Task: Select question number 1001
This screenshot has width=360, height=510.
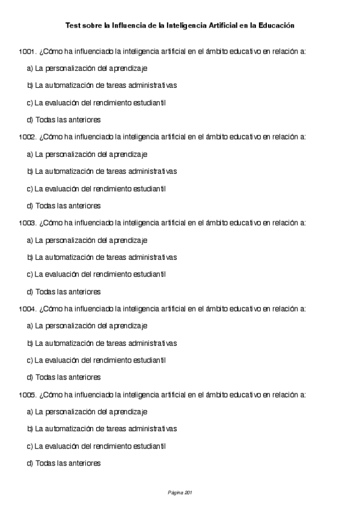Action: (27, 51)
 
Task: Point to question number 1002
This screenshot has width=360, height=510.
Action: (27, 137)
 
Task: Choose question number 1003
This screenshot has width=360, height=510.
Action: (27, 223)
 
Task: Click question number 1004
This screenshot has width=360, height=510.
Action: (27, 309)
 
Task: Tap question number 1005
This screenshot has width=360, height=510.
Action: (27, 395)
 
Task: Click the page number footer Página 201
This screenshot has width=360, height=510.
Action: (180, 493)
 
